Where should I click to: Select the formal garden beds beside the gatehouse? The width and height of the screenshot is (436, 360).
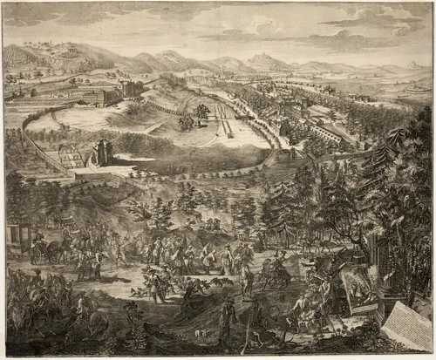coord(70,157)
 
